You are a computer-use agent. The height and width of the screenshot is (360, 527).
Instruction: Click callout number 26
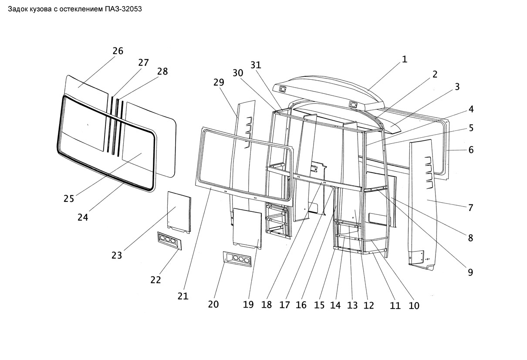[x=118, y=51]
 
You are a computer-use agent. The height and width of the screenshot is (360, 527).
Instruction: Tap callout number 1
[x=405, y=59]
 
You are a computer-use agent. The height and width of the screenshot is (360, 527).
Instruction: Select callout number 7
[x=470, y=207]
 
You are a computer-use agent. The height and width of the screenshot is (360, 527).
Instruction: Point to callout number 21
[x=183, y=296]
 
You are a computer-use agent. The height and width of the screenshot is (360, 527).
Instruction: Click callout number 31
[x=256, y=65]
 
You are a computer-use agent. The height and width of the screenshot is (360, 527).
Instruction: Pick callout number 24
[x=83, y=217]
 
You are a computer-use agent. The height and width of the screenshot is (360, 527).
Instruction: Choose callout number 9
[x=470, y=272]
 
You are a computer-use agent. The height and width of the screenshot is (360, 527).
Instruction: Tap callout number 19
[x=248, y=305]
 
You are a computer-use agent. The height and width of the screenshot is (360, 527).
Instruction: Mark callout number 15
[x=319, y=305]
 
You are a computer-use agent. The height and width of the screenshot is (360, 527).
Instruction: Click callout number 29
[x=219, y=82]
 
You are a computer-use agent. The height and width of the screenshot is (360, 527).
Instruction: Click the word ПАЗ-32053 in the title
[x=123, y=9]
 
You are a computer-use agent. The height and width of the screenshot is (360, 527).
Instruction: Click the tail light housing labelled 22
[x=169, y=241]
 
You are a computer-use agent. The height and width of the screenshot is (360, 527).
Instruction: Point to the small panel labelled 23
[x=179, y=212]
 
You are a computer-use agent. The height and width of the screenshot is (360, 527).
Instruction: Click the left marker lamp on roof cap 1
[x=282, y=89]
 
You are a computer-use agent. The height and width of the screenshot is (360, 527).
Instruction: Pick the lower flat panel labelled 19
[x=247, y=228]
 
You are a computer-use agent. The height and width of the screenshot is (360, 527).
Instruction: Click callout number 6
[x=471, y=150]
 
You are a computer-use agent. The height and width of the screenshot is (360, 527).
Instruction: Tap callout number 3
[x=457, y=87]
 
